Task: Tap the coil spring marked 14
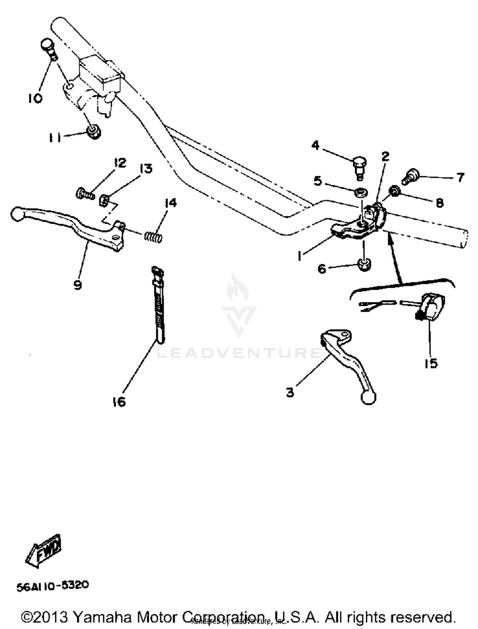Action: point(154,237)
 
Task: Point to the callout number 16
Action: point(119,402)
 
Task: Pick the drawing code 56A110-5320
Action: point(53,586)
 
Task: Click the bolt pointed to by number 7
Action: point(411,176)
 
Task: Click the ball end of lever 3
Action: point(369,398)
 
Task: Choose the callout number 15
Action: point(431,363)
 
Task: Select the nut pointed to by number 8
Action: point(394,191)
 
